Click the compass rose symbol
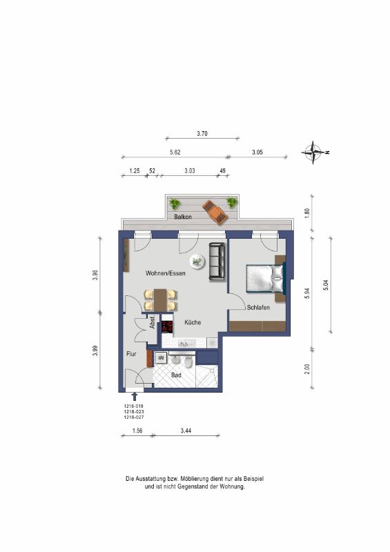click(313, 152)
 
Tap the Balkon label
click(183, 217)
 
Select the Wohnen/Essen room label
click(166, 273)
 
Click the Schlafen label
click(258, 307)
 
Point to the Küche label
click(193, 322)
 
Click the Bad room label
click(176, 375)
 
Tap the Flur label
click(131, 354)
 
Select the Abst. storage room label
click(152, 322)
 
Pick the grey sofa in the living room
click(217, 262)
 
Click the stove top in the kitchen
click(167, 327)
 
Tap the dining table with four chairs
click(160, 300)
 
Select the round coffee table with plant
click(197, 262)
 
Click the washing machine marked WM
click(161, 358)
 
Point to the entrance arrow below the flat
click(134, 397)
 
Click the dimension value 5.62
click(175, 152)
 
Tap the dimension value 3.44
click(186, 431)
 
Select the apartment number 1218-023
click(134, 411)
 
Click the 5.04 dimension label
click(326, 284)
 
